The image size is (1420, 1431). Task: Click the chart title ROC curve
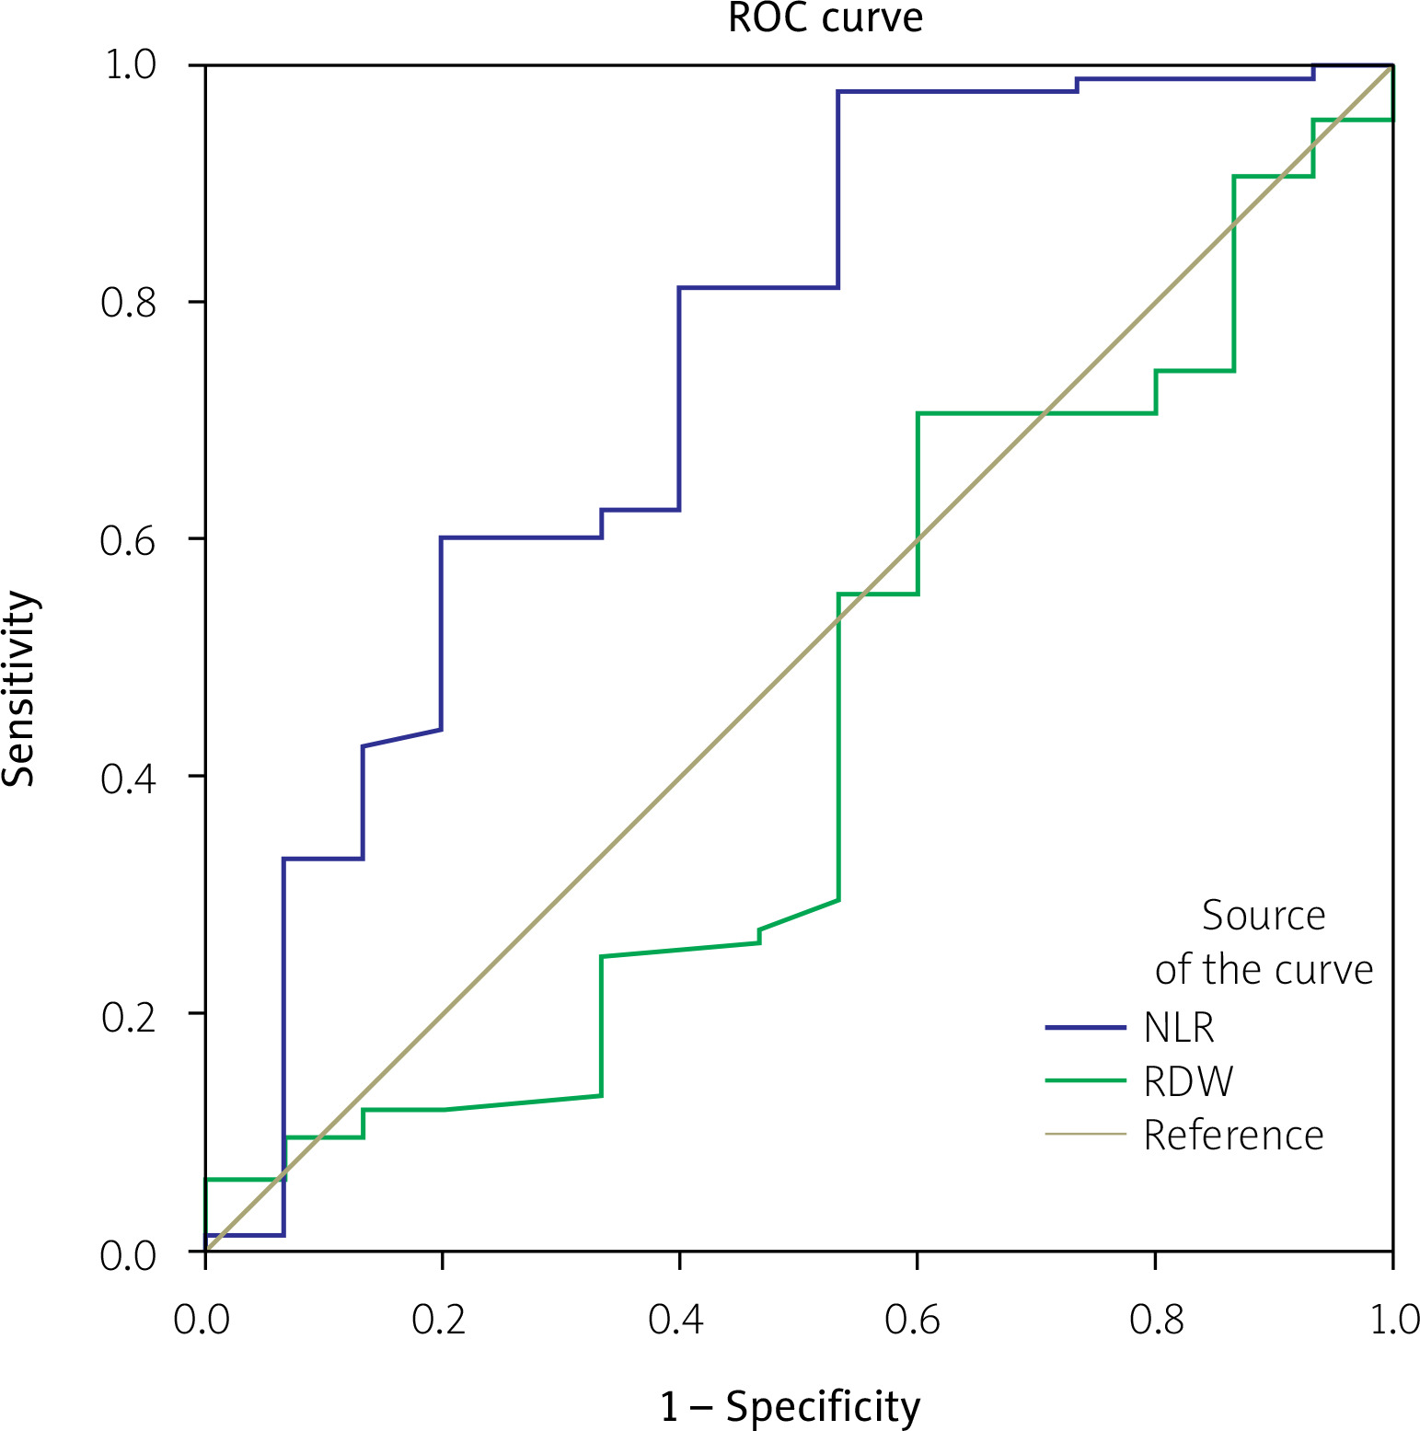click(825, 18)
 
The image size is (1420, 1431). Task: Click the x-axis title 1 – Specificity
click(790, 1406)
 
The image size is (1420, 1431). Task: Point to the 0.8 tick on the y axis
click(129, 302)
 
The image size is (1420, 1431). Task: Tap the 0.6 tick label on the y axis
click(129, 540)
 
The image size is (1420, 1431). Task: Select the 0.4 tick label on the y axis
click(129, 778)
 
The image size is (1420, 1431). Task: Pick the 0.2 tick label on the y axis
click(129, 1016)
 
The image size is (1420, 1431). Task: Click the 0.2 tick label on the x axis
click(439, 1320)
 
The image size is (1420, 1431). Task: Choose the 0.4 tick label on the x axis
click(676, 1320)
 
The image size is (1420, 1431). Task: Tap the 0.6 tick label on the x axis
click(913, 1320)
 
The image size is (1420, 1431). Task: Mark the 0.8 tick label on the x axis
click(1157, 1320)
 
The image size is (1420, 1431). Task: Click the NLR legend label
click(1179, 1027)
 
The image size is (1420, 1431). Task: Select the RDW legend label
click(1188, 1081)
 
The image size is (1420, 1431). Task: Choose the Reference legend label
click(1233, 1135)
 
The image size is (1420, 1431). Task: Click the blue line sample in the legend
click(1086, 1027)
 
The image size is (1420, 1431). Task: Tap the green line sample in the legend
click(1086, 1080)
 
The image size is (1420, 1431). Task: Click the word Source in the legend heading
click(1264, 916)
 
